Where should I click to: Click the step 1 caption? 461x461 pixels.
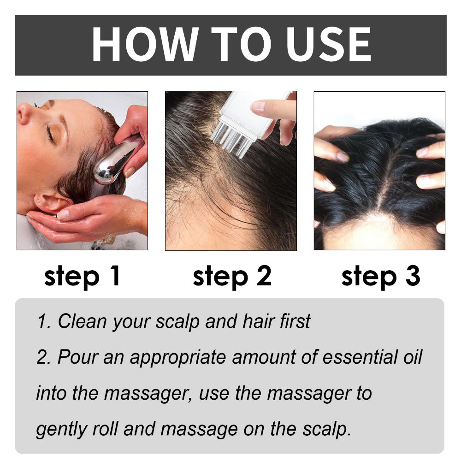click(x=82, y=276)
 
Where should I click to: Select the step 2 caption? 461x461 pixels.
click(x=232, y=276)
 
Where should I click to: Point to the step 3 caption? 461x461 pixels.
click(x=380, y=276)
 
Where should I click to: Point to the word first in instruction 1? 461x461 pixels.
click(x=294, y=321)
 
